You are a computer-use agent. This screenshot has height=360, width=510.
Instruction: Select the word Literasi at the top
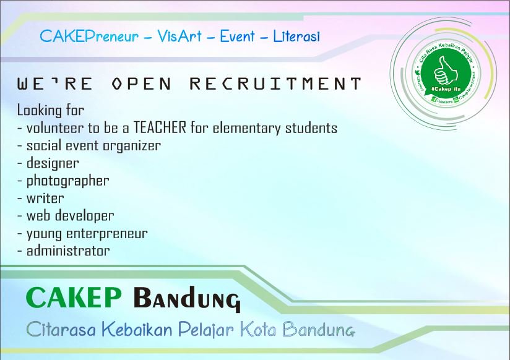(x=296, y=36)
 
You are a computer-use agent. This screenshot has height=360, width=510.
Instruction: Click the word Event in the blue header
(x=237, y=36)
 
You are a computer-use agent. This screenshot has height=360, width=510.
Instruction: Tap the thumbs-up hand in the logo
(x=442, y=72)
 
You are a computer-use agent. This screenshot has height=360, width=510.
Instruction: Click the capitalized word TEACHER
(x=160, y=128)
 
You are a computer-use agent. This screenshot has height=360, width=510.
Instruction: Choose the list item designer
(x=53, y=163)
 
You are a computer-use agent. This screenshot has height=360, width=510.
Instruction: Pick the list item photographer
(x=67, y=181)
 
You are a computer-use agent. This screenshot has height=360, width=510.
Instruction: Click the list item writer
(x=45, y=199)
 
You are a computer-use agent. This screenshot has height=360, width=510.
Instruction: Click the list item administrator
(x=68, y=251)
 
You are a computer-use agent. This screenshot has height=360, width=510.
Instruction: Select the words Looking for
(x=50, y=111)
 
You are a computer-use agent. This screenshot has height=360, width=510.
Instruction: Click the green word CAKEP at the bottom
(x=74, y=298)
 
